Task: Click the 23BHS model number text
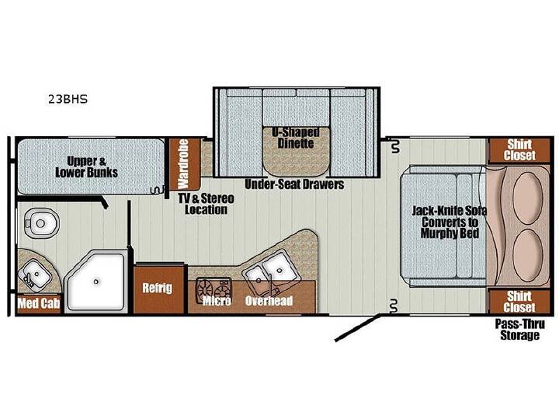tap(68, 99)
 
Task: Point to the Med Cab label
tap(39, 303)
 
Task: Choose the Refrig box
tap(158, 289)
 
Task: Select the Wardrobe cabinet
tap(184, 163)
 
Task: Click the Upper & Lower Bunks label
tap(87, 166)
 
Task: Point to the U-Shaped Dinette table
tap(296, 151)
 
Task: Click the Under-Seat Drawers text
tap(294, 184)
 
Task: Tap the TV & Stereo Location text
tap(207, 204)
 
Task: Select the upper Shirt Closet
tap(519, 150)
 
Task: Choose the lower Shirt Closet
tap(519, 302)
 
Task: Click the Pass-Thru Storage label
tap(519, 330)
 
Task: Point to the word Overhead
tap(269, 301)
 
